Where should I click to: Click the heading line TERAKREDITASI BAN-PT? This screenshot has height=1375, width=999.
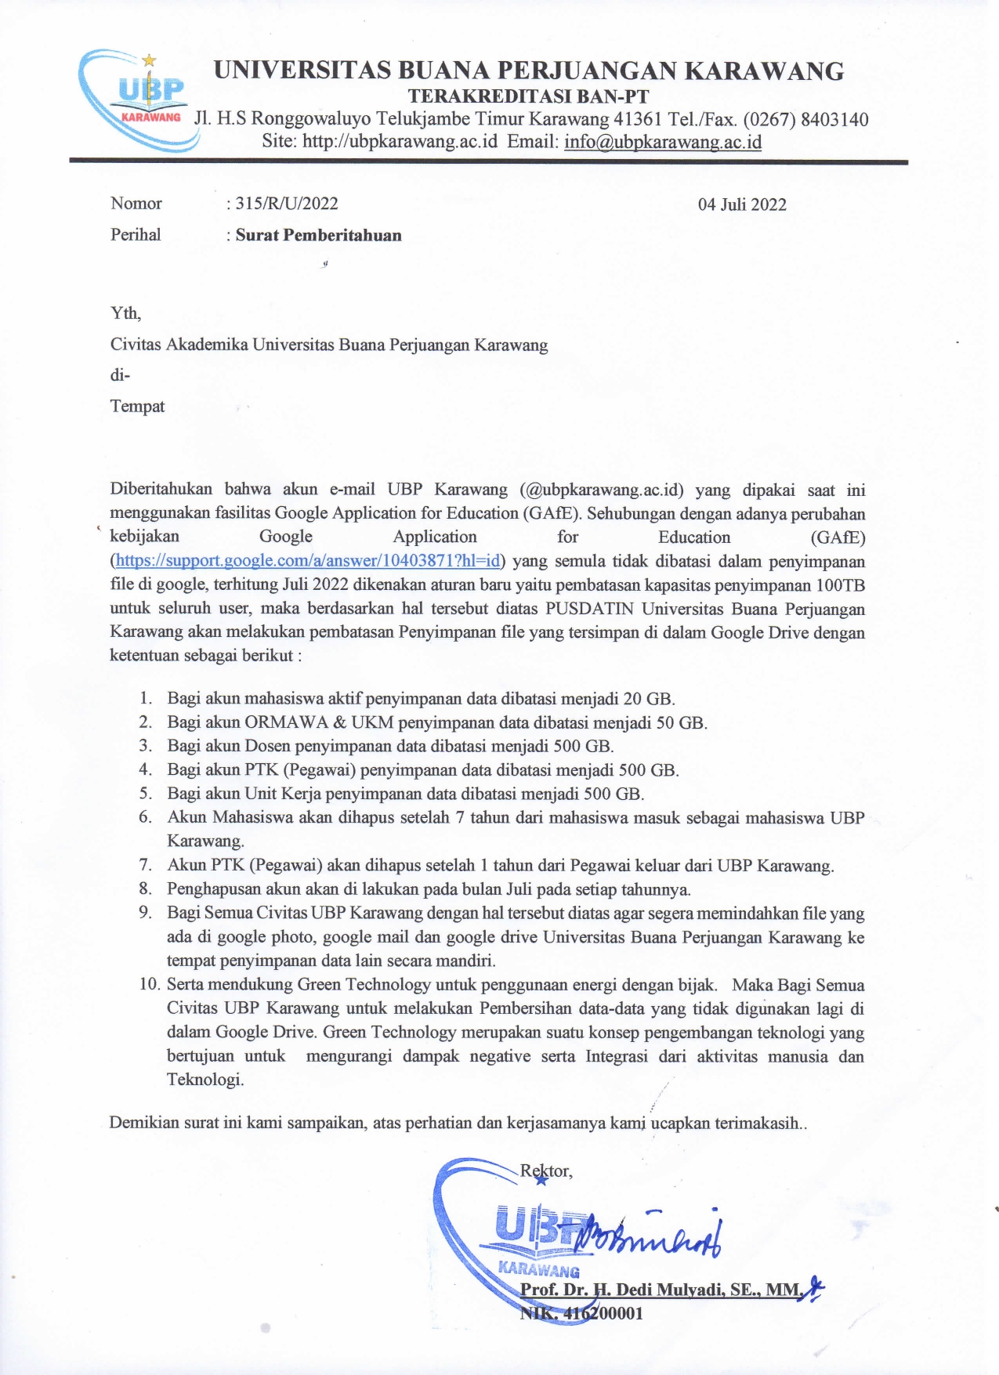coord(529,96)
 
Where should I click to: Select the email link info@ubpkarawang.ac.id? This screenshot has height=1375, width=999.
coord(662,142)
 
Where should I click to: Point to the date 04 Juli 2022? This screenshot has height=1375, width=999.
coord(742,204)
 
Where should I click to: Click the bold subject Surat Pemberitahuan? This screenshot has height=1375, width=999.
coord(318,235)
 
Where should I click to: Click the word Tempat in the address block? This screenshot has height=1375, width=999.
coord(138,406)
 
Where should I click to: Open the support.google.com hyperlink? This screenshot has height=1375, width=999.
coord(308,561)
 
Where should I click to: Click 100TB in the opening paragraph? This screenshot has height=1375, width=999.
coord(840,585)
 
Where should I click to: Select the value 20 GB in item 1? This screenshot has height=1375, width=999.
coord(648,699)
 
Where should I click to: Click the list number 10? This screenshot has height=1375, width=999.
coord(149,984)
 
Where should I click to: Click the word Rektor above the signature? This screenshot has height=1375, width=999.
coord(545,1171)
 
